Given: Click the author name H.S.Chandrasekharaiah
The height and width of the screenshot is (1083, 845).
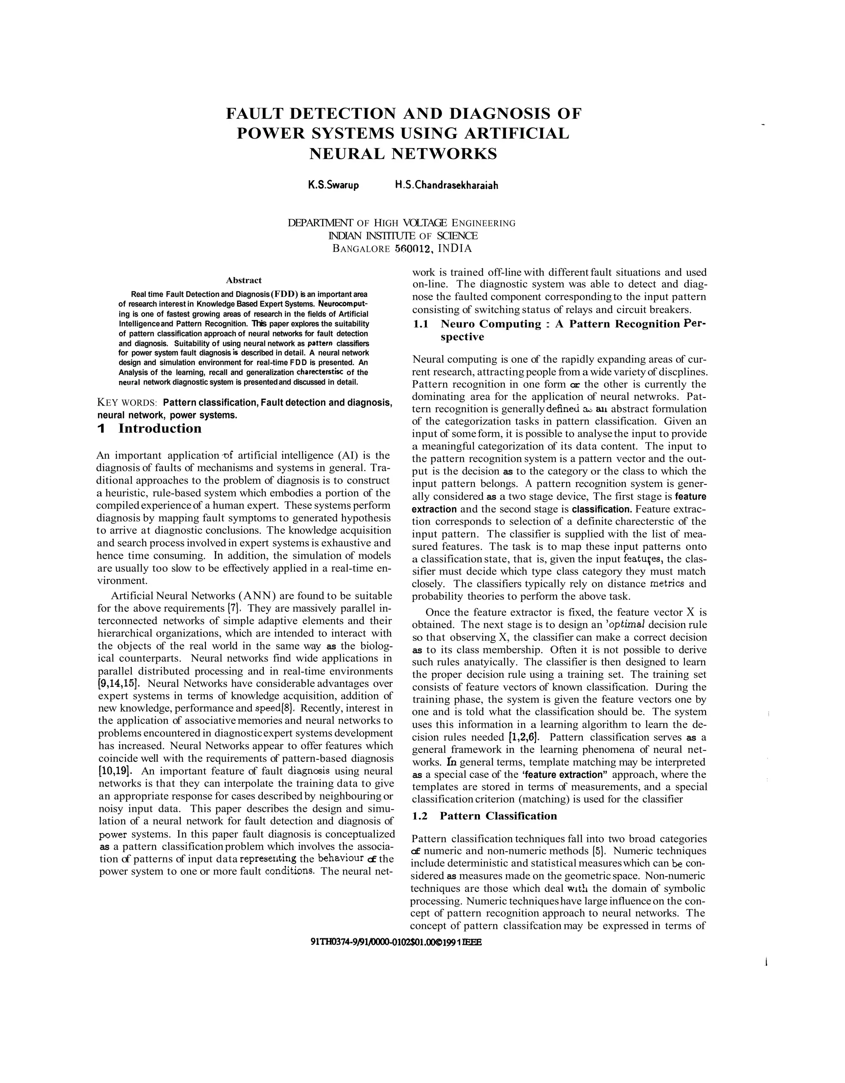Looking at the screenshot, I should tap(446, 186).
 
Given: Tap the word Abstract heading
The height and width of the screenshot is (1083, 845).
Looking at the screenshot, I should tap(243, 280).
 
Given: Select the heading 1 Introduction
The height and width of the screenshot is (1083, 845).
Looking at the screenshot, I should tap(149, 428).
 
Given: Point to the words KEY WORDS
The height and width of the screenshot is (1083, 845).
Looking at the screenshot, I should tap(127, 402).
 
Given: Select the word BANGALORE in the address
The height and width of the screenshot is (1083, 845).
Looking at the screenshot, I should tap(361, 249).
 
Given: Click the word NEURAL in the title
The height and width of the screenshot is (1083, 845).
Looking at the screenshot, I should tap(346, 154).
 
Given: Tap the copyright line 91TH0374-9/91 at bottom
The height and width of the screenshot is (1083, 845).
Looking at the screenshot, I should tap(395, 942).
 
